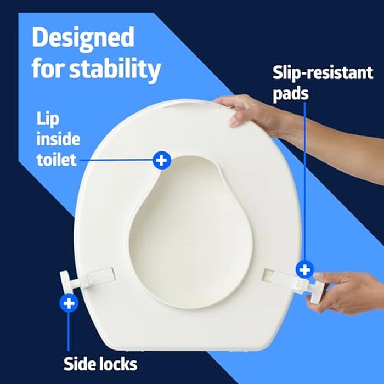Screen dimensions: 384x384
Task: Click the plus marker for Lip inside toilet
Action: click(161, 160)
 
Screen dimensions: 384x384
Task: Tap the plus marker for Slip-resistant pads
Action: click(304, 269)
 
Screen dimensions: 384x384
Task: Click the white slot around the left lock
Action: click(99, 277)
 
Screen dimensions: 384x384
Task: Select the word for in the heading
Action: click(47, 70)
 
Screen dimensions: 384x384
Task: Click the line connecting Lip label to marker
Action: click(118, 160)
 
